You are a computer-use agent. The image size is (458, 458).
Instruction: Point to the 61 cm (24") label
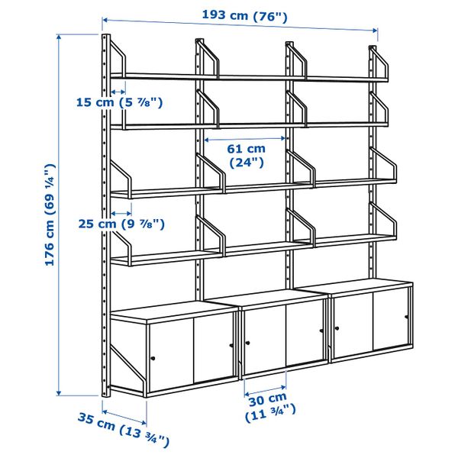point(247,155)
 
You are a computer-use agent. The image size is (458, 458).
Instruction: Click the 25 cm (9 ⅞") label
point(121,224)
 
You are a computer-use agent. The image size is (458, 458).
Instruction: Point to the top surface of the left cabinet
point(171,308)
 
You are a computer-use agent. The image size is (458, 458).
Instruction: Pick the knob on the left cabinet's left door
point(152,358)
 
